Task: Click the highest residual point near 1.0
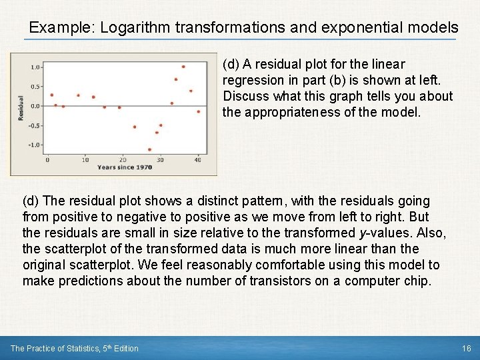point(183,67)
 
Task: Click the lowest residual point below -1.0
point(149,149)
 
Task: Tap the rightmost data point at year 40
point(198,111)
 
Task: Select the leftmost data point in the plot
point(51,95)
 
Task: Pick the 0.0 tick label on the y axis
point(36,106)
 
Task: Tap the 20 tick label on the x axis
point(122,160)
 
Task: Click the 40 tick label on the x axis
point(198,160)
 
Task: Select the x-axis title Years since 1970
point(125,167)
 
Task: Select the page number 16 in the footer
point(465,348)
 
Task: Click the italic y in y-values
point(362,233)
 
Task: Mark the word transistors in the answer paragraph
point(281,281)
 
